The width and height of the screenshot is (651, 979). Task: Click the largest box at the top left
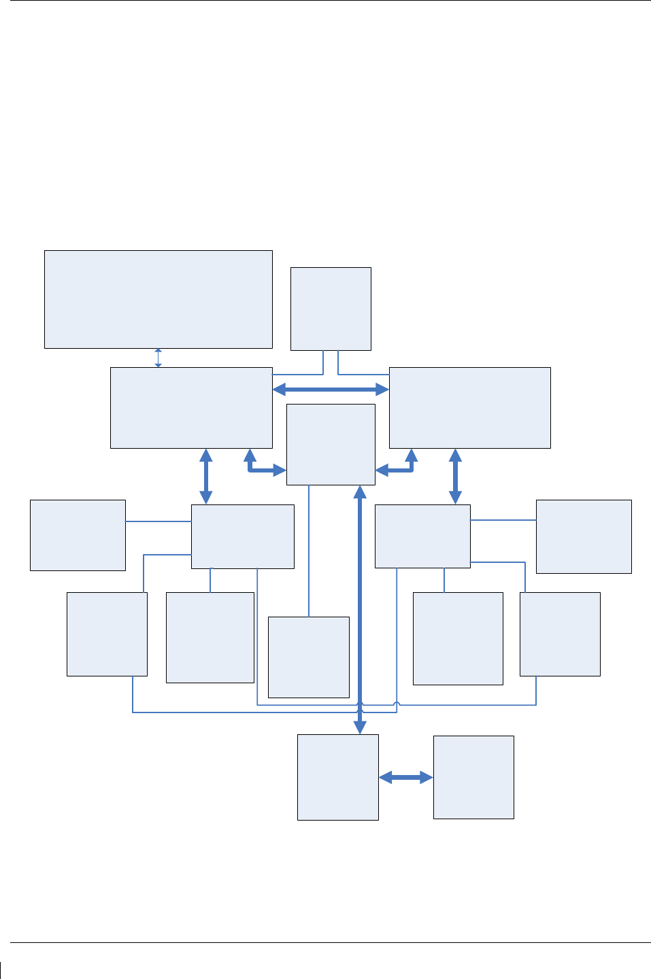pyautogui.click(x=158, y=299)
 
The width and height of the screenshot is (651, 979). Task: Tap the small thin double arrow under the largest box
pyautogui.click(x=158, y=358)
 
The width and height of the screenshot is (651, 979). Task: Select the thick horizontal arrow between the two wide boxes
pyautogui.click(x=331, y=390)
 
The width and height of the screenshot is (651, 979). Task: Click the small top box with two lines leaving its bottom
pyautogui.click(x=331, y=309)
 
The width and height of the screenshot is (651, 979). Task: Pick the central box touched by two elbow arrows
pyautogui.click(x=331, y=445)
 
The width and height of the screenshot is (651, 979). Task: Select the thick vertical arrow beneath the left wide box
pyautogui.click(x=205, y=476)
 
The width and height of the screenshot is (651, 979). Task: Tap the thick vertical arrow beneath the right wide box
pyautogui.click(x=455, y=476)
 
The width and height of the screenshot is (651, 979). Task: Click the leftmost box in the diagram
pyautogui.click(x=78, y=535)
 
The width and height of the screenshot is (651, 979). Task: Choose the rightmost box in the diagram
pyautogui.click(x=584, y=536)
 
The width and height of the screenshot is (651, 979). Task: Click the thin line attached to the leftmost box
pyautogui.click(x=158, y=521)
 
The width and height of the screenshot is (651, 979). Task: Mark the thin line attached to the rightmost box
pyautogui.click(x=503, y=520)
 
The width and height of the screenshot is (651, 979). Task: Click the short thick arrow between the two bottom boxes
pyautogui.click(x=405, y=778)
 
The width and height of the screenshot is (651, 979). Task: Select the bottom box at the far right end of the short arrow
pyautogui.click(x=473, y=777)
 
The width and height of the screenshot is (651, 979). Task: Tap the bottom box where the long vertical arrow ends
pyautogui.click(x=337, y=777)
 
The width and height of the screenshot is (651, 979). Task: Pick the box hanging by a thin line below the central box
pyautogui.click(x=309, y=657)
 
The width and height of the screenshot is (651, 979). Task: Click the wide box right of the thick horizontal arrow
pyautogui.click(x=469, y=408)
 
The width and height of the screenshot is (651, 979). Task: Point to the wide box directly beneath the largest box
pyautogui.click(x=191, y=408)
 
